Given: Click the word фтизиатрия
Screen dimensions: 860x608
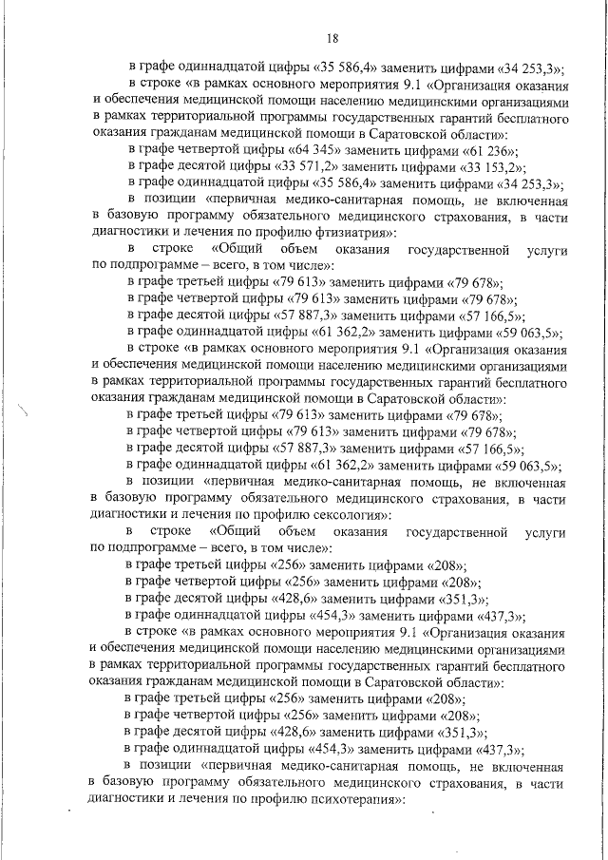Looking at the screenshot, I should (343, 233).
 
